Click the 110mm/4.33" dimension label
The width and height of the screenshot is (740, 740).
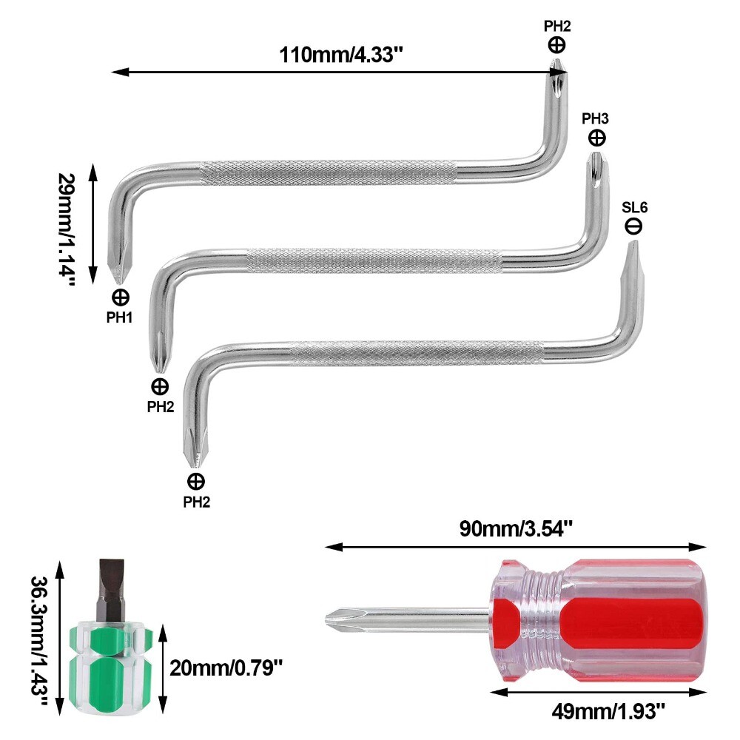pyautogui.click(x=342, y=55)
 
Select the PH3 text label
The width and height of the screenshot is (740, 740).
pyautogui.click(x=596, y=118)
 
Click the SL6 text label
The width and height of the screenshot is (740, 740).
pyautogui.click(x=633, y=208)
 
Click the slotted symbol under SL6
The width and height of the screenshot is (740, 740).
pyautogui.click(x=633, y=226)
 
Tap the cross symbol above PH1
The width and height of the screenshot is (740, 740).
pyautogui.click(x=121, y=297)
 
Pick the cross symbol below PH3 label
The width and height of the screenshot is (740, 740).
pyautogui.click(x=596, y=138)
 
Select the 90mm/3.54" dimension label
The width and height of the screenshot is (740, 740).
pyautogui.click(x=515, y=529)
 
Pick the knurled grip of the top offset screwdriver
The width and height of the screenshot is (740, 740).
pyautogui.click(x=326, y=171)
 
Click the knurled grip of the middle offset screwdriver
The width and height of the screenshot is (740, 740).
pyautogui.click(x=374, y=259)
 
